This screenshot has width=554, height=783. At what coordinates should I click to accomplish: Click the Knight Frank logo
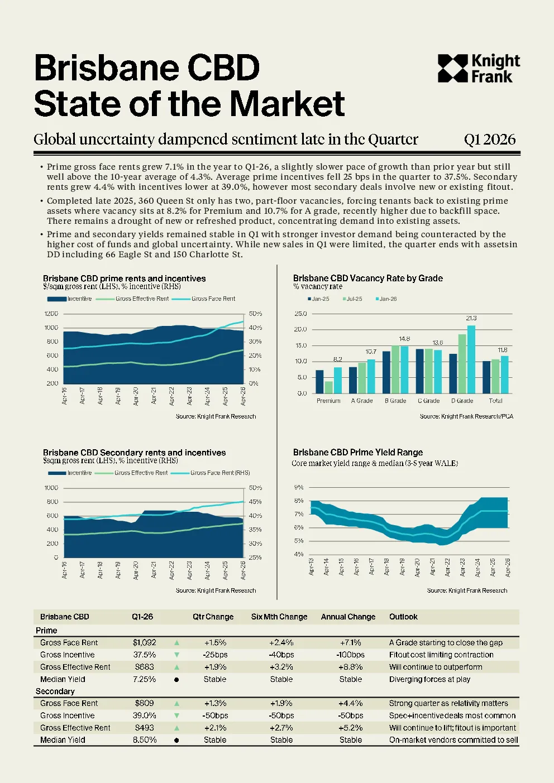click(x=479, y=69)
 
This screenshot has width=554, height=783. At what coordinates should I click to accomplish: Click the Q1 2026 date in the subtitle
click(x=490, y=140)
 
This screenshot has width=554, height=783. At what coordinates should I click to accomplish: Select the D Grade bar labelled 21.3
click(x=471, y=359)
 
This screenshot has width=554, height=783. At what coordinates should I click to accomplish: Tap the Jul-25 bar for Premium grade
click(x=328, y=387)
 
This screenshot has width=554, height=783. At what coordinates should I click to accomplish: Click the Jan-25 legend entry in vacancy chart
click(x=318, y=299)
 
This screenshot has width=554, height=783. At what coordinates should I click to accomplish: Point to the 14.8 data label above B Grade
click(x=404, y=339)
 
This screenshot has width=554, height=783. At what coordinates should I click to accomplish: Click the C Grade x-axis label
click(x=428, y=401)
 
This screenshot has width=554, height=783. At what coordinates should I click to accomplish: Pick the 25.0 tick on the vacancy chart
click(x=301, y=314)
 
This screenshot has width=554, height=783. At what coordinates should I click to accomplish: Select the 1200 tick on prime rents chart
click(x=51, y=314)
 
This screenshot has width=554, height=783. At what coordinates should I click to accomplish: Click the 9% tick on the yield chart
click(x=299, y=487)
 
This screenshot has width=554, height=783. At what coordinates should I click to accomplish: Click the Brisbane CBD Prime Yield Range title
click(x=358, y=452)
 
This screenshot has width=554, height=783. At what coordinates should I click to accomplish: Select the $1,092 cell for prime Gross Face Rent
click(x=144, y=642)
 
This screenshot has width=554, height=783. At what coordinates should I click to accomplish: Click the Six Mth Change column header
click(x=279, y=617)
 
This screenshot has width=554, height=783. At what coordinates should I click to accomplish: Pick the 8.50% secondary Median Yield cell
click(x=145, y=739)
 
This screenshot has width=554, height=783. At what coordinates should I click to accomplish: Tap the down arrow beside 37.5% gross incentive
click(x=176, y=655)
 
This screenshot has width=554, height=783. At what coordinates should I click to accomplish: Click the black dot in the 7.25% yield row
click(x=176, y=680)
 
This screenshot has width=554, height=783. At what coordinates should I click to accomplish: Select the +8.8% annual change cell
click(x=351, y=667)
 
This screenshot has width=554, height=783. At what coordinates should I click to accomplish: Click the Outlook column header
click(x=403, y=617)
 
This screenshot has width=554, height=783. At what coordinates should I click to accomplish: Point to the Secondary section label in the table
click(x=55, y=691)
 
